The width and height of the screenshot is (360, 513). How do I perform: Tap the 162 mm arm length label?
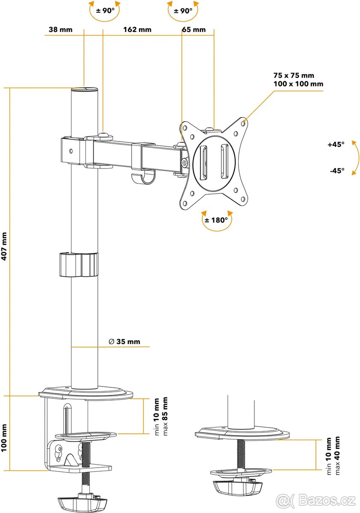pos(137,30)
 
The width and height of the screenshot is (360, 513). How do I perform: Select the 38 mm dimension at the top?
pos(60,30)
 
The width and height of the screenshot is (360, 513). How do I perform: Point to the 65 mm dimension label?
pos(194,30)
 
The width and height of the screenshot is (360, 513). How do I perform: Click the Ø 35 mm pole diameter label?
pos(124,342)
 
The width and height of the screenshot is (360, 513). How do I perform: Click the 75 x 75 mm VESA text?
pos(296,76)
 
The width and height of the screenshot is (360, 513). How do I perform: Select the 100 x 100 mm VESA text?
pos(298,84)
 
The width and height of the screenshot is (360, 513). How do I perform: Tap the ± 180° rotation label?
pos(217,220)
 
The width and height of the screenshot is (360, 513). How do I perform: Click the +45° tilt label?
pos(336,144)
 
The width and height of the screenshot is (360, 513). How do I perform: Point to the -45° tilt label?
pos(336,171)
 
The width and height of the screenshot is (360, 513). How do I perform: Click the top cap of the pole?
pos(84,89)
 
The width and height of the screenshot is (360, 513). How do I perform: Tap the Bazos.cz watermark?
pos(316,500)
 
